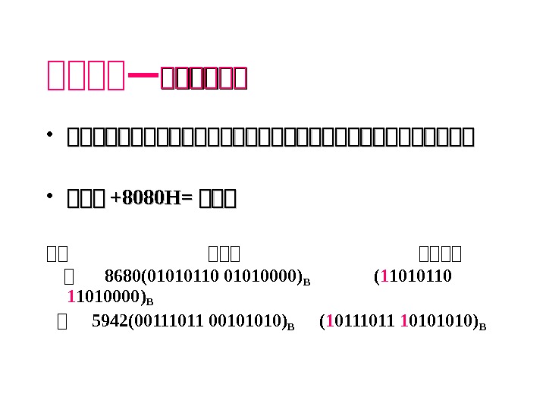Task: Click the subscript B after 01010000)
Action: coord(306,280)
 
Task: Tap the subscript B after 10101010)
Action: coord(482,327)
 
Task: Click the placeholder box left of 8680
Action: coord(70,275)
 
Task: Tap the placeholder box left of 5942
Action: coord(63,323)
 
